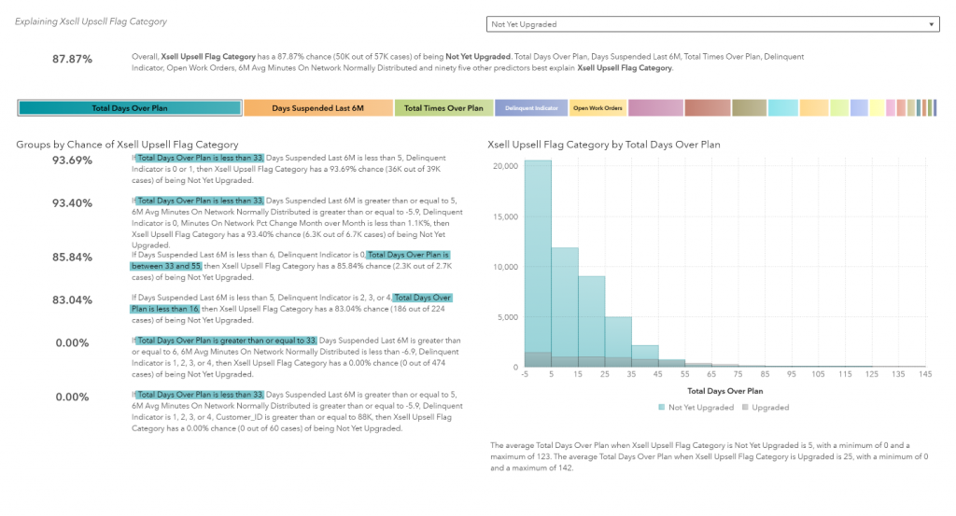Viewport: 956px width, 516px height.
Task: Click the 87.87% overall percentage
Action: pos(73,59)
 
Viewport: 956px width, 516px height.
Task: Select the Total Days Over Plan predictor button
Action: pos(130,108)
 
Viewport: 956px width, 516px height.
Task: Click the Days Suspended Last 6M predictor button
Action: pos(317,108)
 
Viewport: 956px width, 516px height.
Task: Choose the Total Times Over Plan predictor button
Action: pos(443,108)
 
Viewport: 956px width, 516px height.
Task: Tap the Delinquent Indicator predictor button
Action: pos(531,108)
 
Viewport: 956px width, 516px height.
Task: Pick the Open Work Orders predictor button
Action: pos(597,108)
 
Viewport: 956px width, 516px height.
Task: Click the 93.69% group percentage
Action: pos(73,160)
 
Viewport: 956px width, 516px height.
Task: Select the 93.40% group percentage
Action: pos(73,202)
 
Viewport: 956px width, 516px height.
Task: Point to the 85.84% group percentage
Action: pos(73,257)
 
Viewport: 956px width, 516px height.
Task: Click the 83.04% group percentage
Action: pos(73,300)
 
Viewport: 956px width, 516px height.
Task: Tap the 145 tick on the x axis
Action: pos(925,375)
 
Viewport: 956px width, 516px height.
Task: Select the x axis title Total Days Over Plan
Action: pos(724,391)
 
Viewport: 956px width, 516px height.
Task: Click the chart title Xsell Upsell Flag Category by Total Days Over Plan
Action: pos(604,145)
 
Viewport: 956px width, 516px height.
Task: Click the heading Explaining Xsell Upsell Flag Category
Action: pos(91,21)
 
